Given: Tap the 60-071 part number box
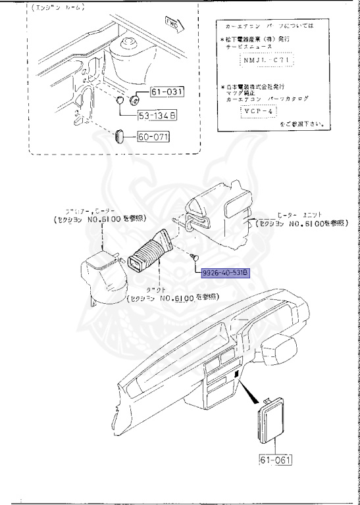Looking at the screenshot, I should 153,137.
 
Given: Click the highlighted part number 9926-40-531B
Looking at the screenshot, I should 225,273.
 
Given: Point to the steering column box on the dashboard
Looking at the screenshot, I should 281,347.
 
